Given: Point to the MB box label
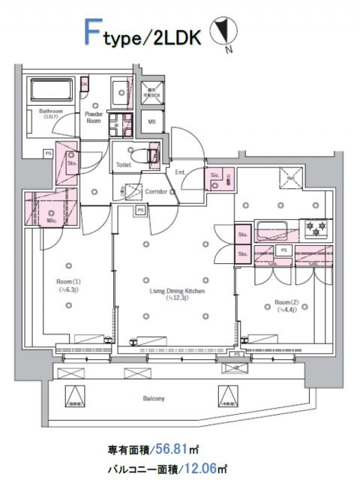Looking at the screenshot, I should point(151,121).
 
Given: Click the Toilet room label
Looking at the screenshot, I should point(124,164).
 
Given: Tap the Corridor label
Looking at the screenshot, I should point(155,191).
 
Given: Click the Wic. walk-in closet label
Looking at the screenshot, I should point(51,220).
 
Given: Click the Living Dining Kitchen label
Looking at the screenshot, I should point(172,292).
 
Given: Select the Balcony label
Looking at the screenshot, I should point(154,398).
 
